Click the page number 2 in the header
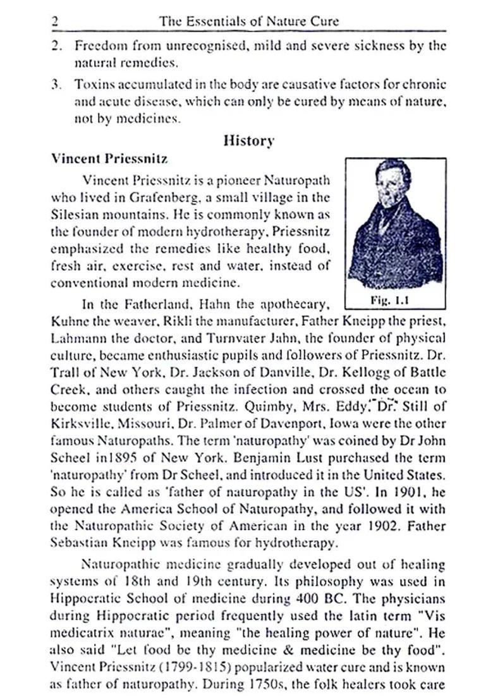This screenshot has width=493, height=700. point(55,21)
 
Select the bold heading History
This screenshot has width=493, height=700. point(249,140)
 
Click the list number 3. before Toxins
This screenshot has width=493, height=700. point(57,84)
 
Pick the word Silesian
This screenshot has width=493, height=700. point(72,214)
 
